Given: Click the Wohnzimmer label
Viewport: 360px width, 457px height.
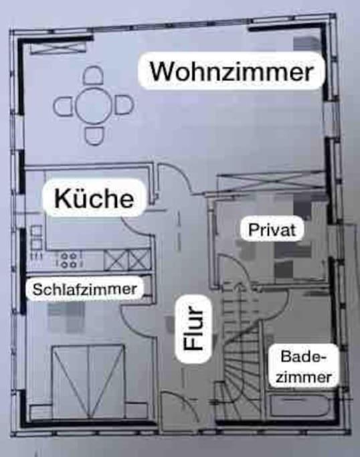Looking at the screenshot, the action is point(232,71).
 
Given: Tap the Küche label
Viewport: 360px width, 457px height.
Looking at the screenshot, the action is point(94,199).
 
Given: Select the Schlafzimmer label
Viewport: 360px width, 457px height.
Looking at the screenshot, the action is point(84,290).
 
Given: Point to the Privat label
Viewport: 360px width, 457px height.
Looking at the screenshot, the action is point(272,230).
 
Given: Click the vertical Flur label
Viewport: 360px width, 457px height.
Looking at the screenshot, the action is point(193,328).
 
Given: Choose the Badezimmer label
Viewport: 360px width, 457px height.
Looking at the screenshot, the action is point(303,367).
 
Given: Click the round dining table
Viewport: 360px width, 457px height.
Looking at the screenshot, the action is point(93,106).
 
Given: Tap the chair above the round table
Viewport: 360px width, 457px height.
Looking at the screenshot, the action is point(93,76).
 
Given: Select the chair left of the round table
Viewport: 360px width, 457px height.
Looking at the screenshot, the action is point(64,106).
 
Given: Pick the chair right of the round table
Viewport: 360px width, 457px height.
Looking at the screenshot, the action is point(124,105).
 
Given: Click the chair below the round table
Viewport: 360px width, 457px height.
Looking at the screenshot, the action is point(94,136).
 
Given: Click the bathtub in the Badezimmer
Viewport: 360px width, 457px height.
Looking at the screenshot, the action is point(300,405).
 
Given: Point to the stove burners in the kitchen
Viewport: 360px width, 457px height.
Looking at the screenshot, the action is point(68,260).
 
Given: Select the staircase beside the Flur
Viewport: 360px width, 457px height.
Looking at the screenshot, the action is point(241,353).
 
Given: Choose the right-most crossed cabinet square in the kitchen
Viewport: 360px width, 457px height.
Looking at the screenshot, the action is point(139,260).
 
